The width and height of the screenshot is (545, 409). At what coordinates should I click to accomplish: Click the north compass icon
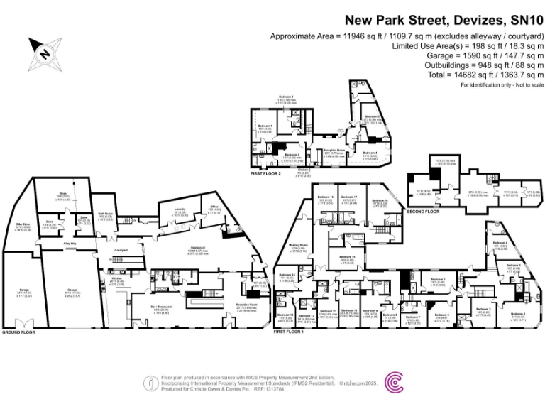click(44, 52)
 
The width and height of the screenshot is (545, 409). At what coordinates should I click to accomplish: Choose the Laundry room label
click(179, 209)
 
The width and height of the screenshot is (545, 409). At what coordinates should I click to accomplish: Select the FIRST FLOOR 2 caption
click(265, 173)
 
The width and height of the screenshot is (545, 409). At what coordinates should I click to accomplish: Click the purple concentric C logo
click(395, 383)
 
